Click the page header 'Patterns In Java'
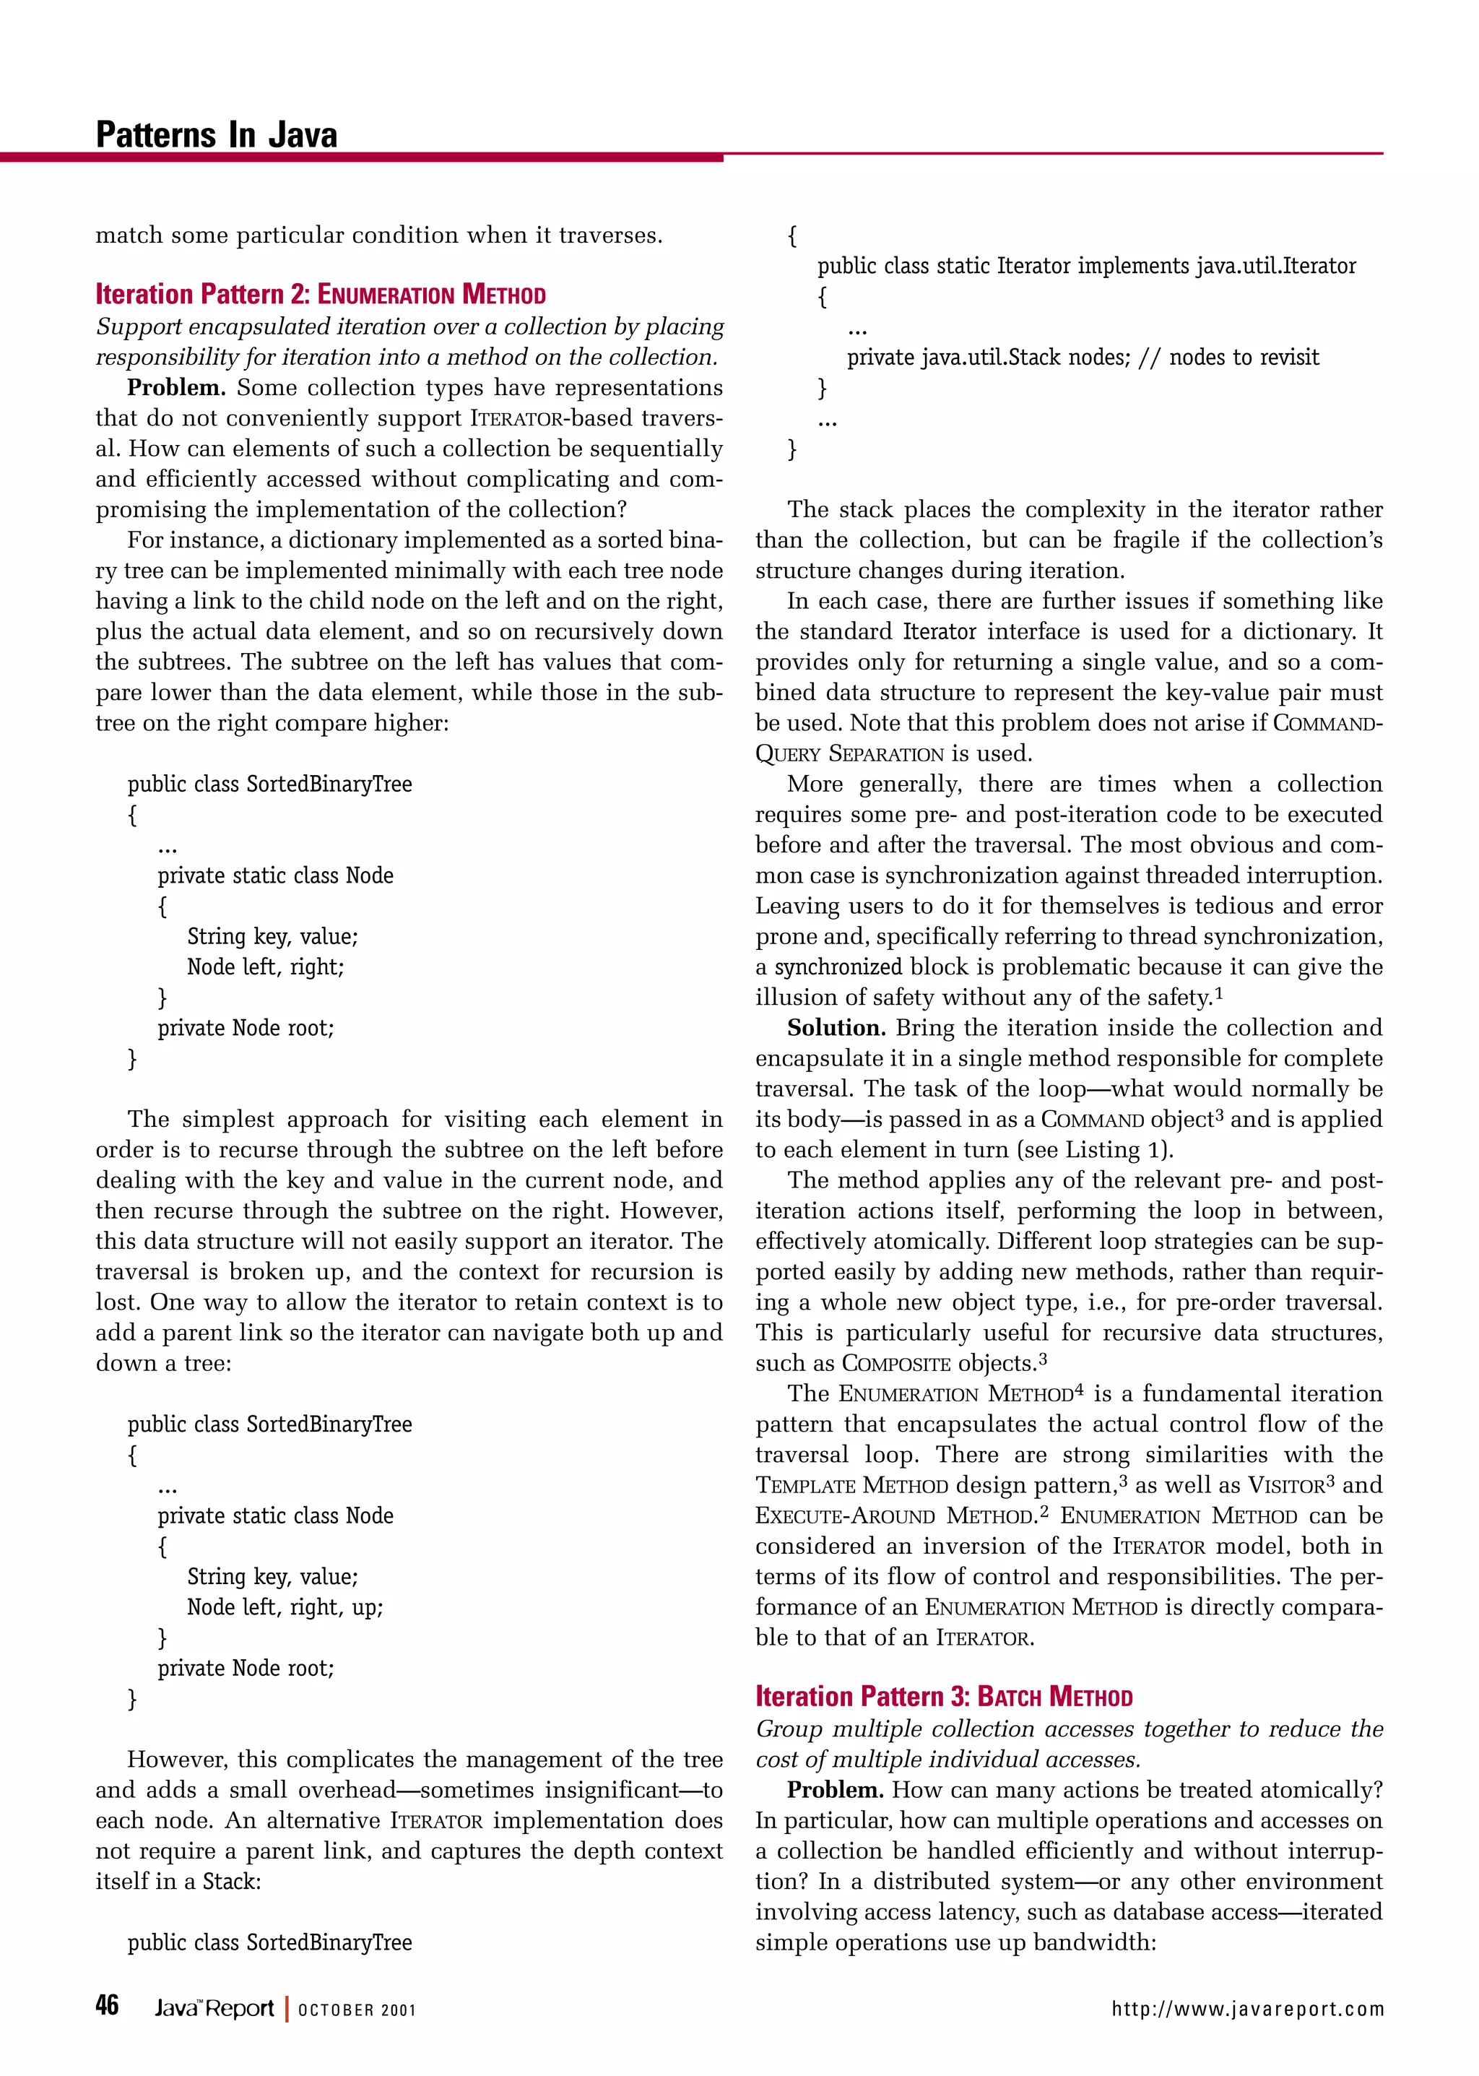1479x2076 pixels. point(216,135)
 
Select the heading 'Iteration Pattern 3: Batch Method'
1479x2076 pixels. point(943,1696)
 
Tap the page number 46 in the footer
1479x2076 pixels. point(108,2005)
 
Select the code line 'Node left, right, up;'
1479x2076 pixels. point(285,1607)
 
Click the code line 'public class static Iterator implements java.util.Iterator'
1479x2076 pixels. point(1085,266)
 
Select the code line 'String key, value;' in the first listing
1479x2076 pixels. point(272,936)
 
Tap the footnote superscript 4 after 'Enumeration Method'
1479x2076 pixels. point(1079,1389)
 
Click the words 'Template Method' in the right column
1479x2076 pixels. point(851,1486)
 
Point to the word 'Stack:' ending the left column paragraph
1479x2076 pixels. point(231,1881)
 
